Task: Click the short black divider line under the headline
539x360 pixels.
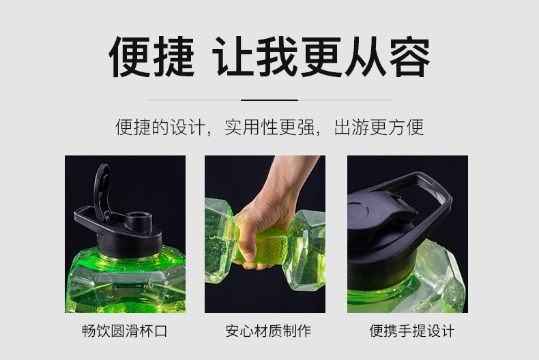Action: [x=269, y=100]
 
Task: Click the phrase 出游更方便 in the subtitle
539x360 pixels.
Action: [x=379, y=127]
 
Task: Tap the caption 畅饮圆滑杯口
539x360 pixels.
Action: [x=125, y=331]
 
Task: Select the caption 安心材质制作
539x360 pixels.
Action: [x=268, y=331]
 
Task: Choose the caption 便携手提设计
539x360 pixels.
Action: [x=412, y=331]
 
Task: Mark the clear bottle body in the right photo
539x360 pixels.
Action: [x=437, y=280]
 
